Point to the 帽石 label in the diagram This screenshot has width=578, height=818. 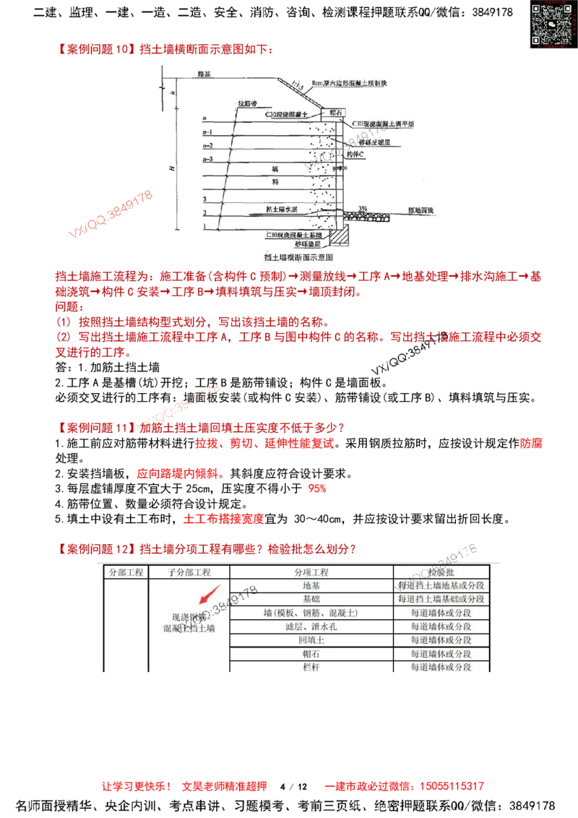pyautogui.click(x=335, y=113)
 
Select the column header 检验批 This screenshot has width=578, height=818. pyautogui.click(x=441, y=572)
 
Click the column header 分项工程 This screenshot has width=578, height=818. pyautogui.click(x=311, y=572)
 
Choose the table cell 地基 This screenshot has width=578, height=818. pyautogui.click(x=311, y=585)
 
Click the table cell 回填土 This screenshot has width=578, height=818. pyautogui.click(x=311, y=640)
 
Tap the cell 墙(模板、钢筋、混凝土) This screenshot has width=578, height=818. pyautogui.click(x=311, y=613)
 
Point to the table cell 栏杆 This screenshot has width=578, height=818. pyautogui.click(x=311, y=668)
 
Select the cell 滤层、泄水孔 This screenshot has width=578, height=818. pyautogui.click(x=311, y=627)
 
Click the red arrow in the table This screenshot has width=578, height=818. pyautogui.click(x=210, y=597)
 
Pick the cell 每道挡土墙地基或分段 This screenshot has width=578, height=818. pyautogui.click(x=441, y=585)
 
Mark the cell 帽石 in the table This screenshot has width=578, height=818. pyautogui.click(x=311, y=654)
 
